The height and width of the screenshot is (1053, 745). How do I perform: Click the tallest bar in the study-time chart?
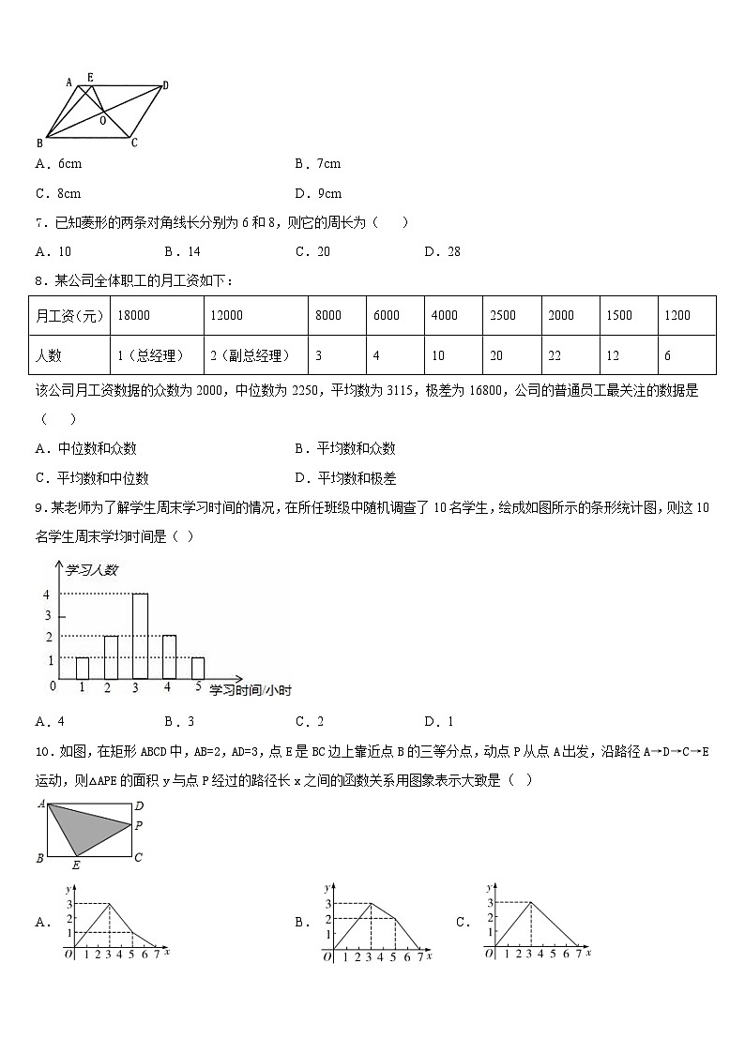140,636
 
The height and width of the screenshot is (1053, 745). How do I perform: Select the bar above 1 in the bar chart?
83,668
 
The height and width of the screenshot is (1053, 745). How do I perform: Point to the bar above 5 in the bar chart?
197,668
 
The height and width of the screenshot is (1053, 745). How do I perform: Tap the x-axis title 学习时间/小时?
250,690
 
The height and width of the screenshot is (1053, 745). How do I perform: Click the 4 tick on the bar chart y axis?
46,594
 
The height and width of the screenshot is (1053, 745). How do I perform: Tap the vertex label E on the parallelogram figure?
90,77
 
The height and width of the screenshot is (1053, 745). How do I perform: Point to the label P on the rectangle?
138,826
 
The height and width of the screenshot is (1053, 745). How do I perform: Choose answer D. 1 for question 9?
437,721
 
